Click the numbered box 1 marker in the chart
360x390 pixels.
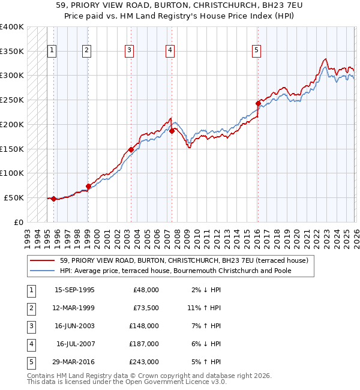click(53, 51)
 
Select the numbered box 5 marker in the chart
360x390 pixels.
click(256, 51)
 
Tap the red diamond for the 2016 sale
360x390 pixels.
click(258, 103)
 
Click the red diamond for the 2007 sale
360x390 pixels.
click(172, 130)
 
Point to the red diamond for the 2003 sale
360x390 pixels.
click(131, 149)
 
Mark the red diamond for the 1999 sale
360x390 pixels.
click(88, 186)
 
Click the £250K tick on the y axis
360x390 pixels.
click(12, 100)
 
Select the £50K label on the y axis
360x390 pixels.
click(14, 197)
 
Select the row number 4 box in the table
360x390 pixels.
click(30, 344)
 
